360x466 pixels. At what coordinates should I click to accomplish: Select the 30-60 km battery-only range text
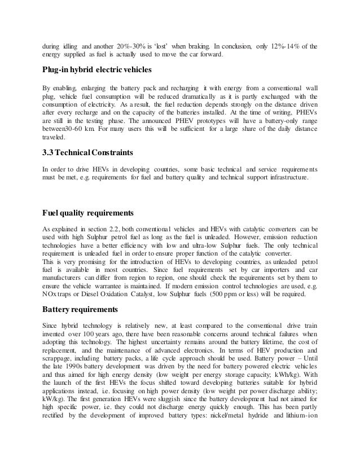point(84,129)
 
